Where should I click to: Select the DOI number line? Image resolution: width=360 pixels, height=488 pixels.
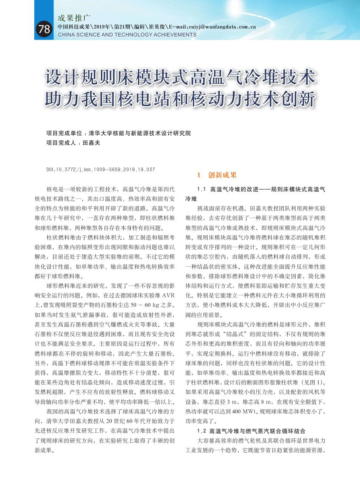101,169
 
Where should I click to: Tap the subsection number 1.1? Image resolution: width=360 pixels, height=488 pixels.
201,190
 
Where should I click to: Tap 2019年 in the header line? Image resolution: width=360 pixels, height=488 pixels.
102,27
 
